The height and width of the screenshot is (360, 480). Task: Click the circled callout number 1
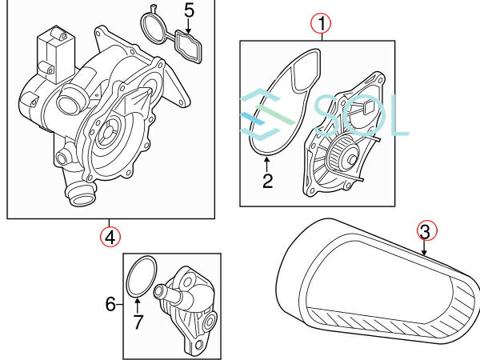pos(321,23)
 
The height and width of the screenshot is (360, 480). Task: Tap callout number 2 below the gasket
pos(267,181)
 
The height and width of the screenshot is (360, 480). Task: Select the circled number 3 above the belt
pos(426,231)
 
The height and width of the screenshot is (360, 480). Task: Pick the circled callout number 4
pos(110,237)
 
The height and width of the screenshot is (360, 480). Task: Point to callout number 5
pos(189,10)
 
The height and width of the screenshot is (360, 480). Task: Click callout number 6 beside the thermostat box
pos(110,304)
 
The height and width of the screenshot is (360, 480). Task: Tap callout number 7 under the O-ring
pos(138,322)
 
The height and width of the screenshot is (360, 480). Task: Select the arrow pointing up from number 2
pos(267,164)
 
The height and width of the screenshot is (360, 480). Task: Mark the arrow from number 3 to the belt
pos(424,248)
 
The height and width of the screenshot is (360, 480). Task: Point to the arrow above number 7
pos(137,306)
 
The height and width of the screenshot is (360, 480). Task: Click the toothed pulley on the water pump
pos(341,151)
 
